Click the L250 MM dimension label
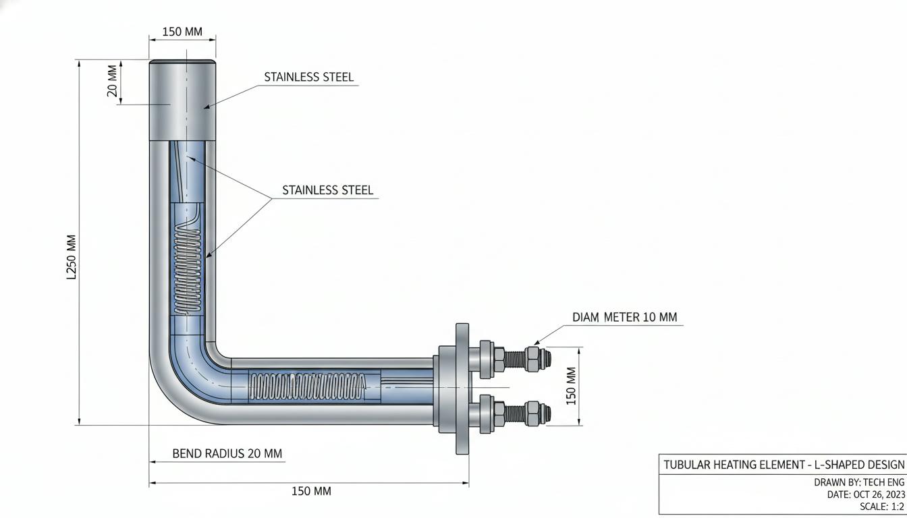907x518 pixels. tap(72, 257)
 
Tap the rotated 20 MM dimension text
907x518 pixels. tap(112, 81)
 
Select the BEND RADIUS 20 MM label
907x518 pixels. tap(227, 453)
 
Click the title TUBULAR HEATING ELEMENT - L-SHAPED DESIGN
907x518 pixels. tap(784, 465)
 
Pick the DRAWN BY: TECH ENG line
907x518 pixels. tap(859, 482)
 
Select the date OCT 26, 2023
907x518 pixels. tap(879, 494)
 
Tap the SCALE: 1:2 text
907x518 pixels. tap(882, 507)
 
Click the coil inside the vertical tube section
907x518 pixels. tap(187, 270)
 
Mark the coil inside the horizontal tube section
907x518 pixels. tap(307, 387)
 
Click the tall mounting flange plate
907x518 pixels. tap(462, 388)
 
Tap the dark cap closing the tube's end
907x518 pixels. tap(182, 61)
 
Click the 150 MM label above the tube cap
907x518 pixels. tap(182, 32)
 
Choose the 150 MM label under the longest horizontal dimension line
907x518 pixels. tap(311, 491)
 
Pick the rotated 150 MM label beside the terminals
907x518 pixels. tap(571, 386)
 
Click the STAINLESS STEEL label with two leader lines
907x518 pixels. tap(327, 190)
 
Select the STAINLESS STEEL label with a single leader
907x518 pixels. tap(309, 77)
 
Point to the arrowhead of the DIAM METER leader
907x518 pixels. tap(536, 343)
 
